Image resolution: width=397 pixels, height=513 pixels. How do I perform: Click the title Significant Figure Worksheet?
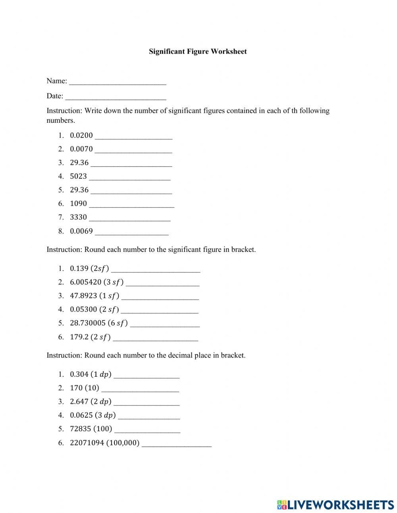click(198, 51)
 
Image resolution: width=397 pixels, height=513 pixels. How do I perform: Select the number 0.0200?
click(81, 136)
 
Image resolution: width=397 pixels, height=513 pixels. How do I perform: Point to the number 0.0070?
click(81, 149)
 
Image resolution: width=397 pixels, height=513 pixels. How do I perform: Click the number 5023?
click(78, 176)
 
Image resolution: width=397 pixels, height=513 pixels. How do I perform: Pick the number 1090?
click(78, 203)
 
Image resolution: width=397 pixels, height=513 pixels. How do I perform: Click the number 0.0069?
click(81, 231)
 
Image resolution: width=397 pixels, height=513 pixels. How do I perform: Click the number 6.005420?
click(85, 282)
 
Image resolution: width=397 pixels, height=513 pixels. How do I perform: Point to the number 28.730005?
click(88, 323)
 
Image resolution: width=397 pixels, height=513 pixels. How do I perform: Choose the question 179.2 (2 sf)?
click(90, 337)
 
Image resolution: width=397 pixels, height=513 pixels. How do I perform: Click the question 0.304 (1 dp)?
click(91, 374)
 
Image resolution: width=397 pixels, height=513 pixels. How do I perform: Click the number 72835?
click(81, 429)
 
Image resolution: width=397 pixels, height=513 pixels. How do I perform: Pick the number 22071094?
click(87, 443)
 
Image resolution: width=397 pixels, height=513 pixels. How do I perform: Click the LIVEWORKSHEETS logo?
click(335, 505)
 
